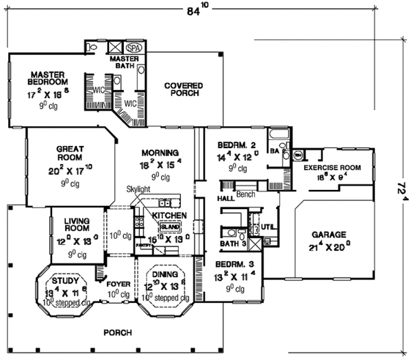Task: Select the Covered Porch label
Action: tap(184, 90)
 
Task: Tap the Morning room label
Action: tap(160, 152)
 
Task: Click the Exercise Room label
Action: tap(332, 167)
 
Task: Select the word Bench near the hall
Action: tap(246, 195)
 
